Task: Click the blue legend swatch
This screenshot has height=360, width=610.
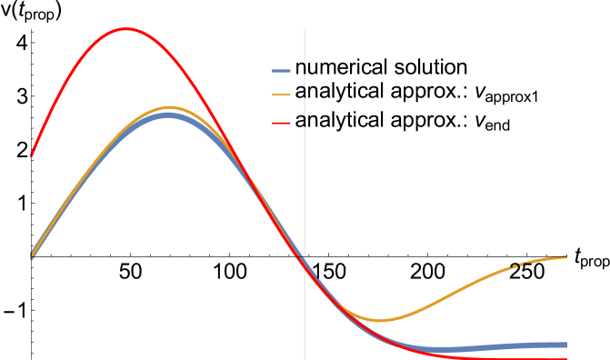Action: (x=281, y=71)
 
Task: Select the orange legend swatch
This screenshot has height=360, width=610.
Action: (x=281, y=95)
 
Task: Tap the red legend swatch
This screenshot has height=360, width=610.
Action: (x=281, y=123)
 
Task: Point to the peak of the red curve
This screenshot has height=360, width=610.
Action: (x=125, y=28)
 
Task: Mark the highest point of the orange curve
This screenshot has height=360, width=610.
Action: (x=169, y=107)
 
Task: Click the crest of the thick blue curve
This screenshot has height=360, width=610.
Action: (x=166, y=115)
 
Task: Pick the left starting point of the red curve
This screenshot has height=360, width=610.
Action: (x=32, y=155)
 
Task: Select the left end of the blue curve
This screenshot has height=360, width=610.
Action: (x=32, y=257)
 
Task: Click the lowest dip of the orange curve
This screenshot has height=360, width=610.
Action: (x=380, y=320)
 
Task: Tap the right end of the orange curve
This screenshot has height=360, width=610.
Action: (x=566, y=257)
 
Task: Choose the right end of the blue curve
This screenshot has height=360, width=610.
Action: (x=566, y=345)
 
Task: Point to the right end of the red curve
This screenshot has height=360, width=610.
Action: (x=566, y=358)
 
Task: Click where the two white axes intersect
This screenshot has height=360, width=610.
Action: (x=305, y=267)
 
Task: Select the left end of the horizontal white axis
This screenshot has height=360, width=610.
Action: (x=32, y=267)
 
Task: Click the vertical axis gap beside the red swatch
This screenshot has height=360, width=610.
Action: (x=305, y=123)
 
